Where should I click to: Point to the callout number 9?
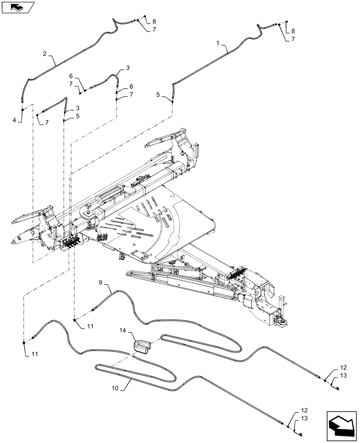click(x=101, y=282)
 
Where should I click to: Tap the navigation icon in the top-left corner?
click(x=17, y=7)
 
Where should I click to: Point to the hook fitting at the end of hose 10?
click(x=300, y=435)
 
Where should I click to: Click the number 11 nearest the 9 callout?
click(x=90, y=326)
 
